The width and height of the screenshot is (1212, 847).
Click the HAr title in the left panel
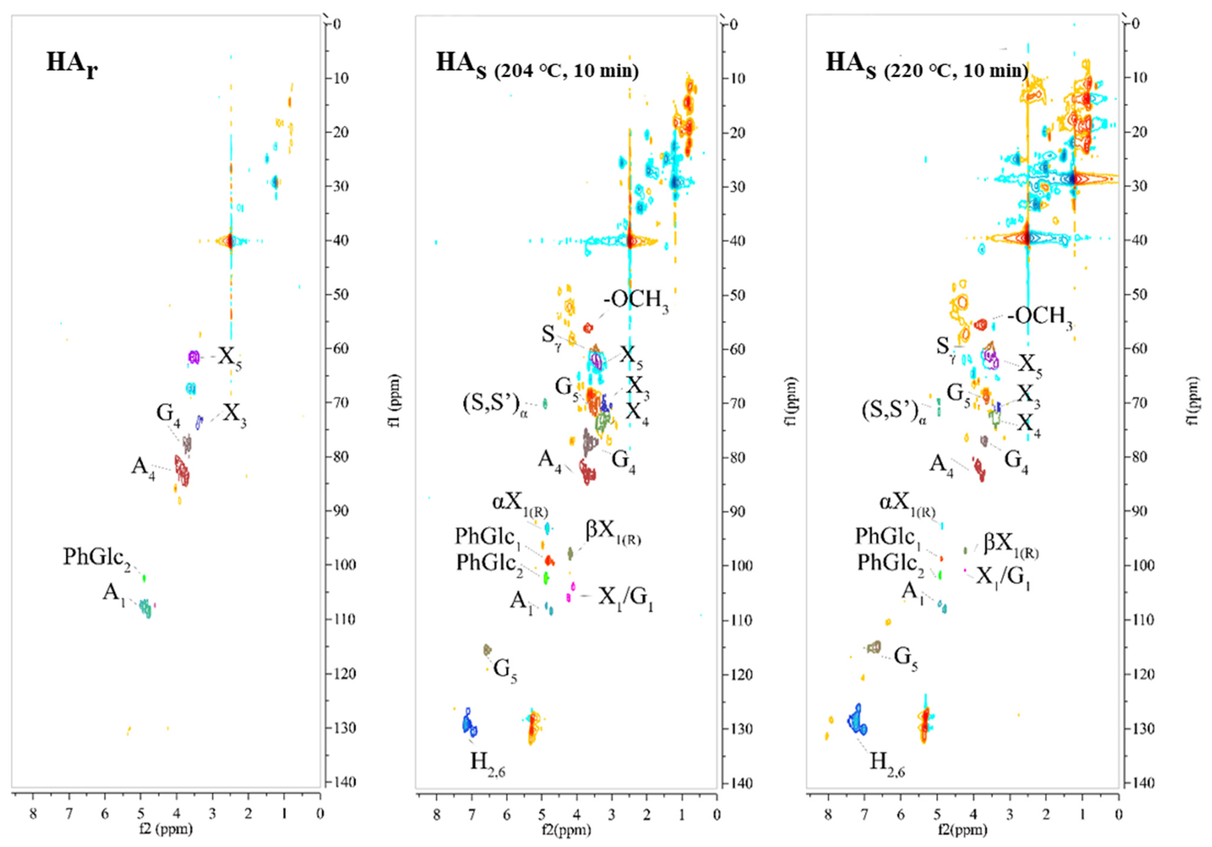(72, 64)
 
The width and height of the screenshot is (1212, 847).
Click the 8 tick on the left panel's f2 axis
(33, 813)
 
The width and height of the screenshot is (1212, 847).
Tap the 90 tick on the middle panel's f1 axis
(738, 511)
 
